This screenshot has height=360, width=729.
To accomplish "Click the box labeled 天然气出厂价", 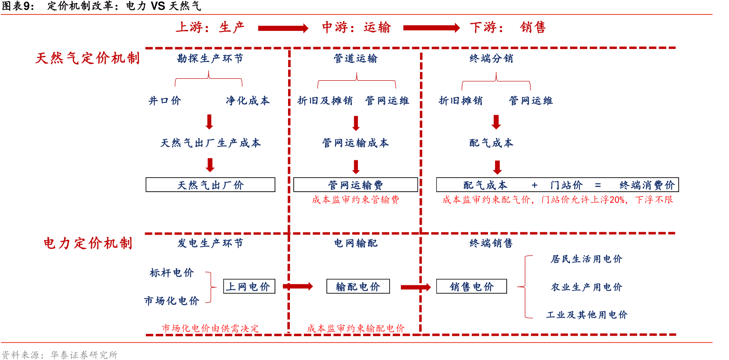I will [x=210, y=185].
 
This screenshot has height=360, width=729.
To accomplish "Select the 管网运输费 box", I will [x=355, y=185].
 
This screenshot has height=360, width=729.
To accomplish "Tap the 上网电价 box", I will [x=249, y=286].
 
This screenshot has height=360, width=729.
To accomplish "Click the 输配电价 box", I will [x=358, y=286].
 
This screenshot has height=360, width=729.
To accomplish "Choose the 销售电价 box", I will [x=471, y=286].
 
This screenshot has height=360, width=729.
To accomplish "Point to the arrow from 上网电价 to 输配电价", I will [x=298, y=286].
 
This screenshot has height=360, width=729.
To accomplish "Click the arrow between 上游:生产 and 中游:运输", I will [x=283, y=28].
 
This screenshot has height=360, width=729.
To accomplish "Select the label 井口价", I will [x=165, y=101].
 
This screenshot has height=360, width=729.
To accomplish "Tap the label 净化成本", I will [x=248, y=101].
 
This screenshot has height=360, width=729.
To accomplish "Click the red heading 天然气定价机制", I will [x=88, y=58].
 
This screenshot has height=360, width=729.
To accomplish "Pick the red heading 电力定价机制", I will [x=88, y=243].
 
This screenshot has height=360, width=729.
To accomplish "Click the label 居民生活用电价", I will [x=586, y=259].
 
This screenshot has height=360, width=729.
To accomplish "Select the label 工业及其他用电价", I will [x=587, y=315].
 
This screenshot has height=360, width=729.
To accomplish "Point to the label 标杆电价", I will [x=172, y=273].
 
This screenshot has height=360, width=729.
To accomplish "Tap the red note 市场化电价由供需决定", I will [x=210, y=328].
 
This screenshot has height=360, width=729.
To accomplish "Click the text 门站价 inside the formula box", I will [x=566, y=185].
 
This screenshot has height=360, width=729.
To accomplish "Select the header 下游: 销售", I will [x=507, y=28].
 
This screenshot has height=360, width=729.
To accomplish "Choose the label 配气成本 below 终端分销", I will [x=491, y=143].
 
